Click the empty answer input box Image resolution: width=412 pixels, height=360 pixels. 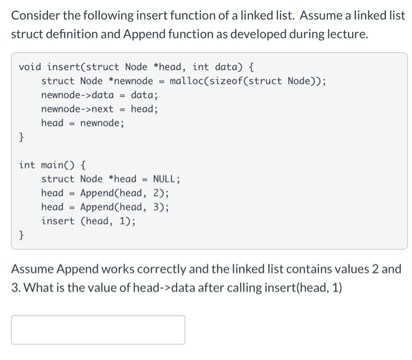coord(98,329)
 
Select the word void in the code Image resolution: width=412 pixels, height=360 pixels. coord(30,66)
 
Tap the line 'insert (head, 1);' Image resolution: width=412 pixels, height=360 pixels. coord(91,221)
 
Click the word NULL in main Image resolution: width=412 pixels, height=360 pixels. coord(167,179)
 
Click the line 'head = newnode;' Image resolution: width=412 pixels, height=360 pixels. coord(82,123)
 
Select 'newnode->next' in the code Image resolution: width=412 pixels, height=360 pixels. coord(77,109)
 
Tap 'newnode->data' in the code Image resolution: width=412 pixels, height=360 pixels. coord(77,95)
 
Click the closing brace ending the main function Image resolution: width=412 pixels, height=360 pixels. coord(22,235)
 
